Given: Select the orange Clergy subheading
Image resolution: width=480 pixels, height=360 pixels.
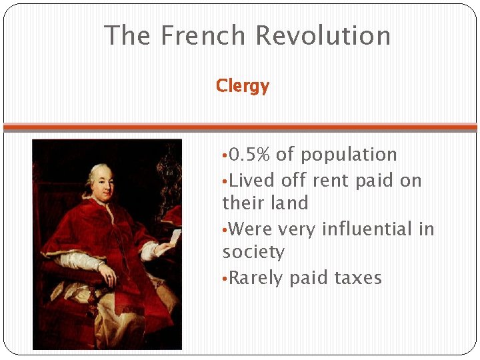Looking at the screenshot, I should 243,86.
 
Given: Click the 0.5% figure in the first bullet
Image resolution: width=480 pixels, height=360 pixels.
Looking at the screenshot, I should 249,155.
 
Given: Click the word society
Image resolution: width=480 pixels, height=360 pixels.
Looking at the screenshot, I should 253,252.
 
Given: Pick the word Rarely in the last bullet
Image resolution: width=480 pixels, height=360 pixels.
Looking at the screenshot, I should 256,277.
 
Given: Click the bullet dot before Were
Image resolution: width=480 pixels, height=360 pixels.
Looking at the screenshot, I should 225,230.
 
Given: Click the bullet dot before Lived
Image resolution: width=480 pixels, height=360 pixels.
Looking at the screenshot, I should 225,181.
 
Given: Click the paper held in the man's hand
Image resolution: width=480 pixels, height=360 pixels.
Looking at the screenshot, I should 175,237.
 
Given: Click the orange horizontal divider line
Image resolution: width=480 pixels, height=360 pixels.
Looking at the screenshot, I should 240,127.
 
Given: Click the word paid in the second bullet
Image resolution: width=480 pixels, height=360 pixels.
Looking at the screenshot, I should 374,180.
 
